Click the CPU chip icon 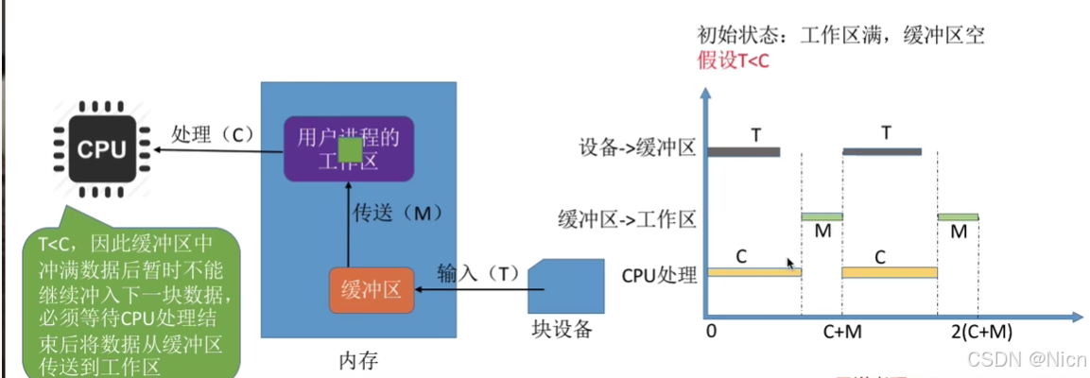[x=100, y=149]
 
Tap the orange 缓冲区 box [x=372, y=289]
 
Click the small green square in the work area [x=350, y=149]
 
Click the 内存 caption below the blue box [x=358, y=360]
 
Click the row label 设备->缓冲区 [x=638, y=148]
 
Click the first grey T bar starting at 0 [x=744, y=151]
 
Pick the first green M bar [x=822, y=216]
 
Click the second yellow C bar [x=889, y=272]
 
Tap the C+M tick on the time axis [x=840, y=332]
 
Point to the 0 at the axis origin [x=711, y=332]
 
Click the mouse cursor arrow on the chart [x=790, y=264]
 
